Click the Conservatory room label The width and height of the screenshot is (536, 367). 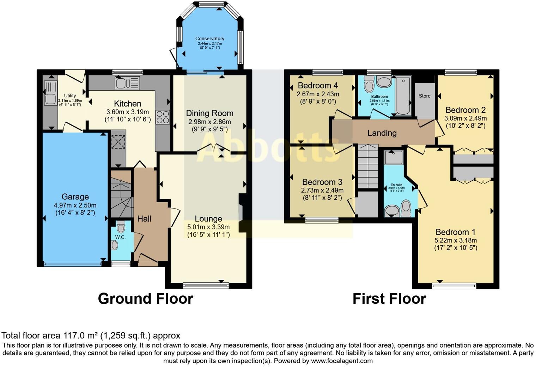pyautogui.click(x=209, y=38)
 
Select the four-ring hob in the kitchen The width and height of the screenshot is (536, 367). pyautogui.click(x=163, y=117)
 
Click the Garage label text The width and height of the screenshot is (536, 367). pyautogui.click(x=75, y=197)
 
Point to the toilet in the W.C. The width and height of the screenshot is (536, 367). pyautogui.click(x=121, y=226)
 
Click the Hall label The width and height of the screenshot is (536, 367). pyautogui.click(x=144, y=219)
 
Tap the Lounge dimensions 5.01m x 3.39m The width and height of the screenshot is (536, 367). pyautogui.click(x=208, y=227)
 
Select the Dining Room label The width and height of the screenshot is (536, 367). pyautogui.click(x=209, y=113)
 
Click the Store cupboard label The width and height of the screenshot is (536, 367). pyautogui.click(x=425, y=96)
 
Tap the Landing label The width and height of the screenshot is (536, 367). pyautogui.click(x=382, y=133)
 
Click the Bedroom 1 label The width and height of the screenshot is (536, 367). pyautogui.click(x=455, y=232)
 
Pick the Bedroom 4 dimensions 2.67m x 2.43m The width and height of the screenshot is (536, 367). pyautogui.click(x=318, y=94)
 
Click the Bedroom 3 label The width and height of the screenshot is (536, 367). pyautogui.click(x=322, y=182)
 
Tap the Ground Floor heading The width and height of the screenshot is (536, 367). pyautogui.click(x=145, y=299)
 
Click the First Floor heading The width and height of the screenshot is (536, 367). pyautogui.click(x=389, y=299)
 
